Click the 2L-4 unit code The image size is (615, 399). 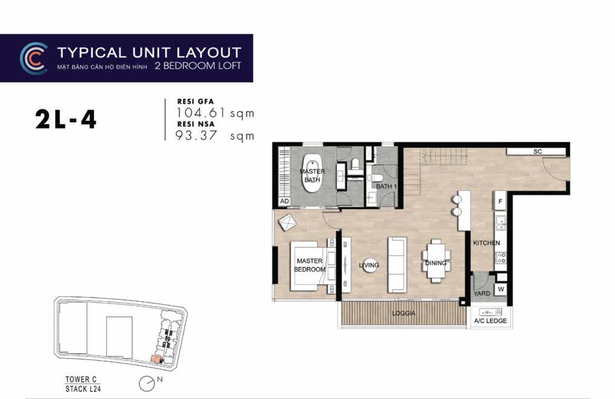pyautogui.click(x=66, y=119)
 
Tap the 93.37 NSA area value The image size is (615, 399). pyautogui.click(x=196, y=135)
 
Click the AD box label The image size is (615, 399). pyautogui.click(x=284, y=201)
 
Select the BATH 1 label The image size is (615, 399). pyautogui.click(x=386, y=187)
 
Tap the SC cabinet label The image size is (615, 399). pyautogui.click(x=537, y=152)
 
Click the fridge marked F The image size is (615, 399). pyautogui.click(x=500, y=201)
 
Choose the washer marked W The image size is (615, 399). pyautogui.click(x=501, y=289)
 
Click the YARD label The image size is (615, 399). pyautogui.click(x=482, y=293)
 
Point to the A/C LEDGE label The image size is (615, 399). pyautogui.click(x=490, y=321)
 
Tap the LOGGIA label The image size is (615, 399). pyautogui.click(x=404, y=313)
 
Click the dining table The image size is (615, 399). pyautogui.click(x=436, y=261)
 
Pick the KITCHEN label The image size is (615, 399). pyautogui.click(x=486, y=243)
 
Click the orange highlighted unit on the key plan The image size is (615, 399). pyautogui.click(x=156, y=360)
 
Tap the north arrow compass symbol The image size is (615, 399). pyautogui.click(x=147, y=384)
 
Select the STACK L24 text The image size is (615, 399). pyautogui.click(x=83, y=389)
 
